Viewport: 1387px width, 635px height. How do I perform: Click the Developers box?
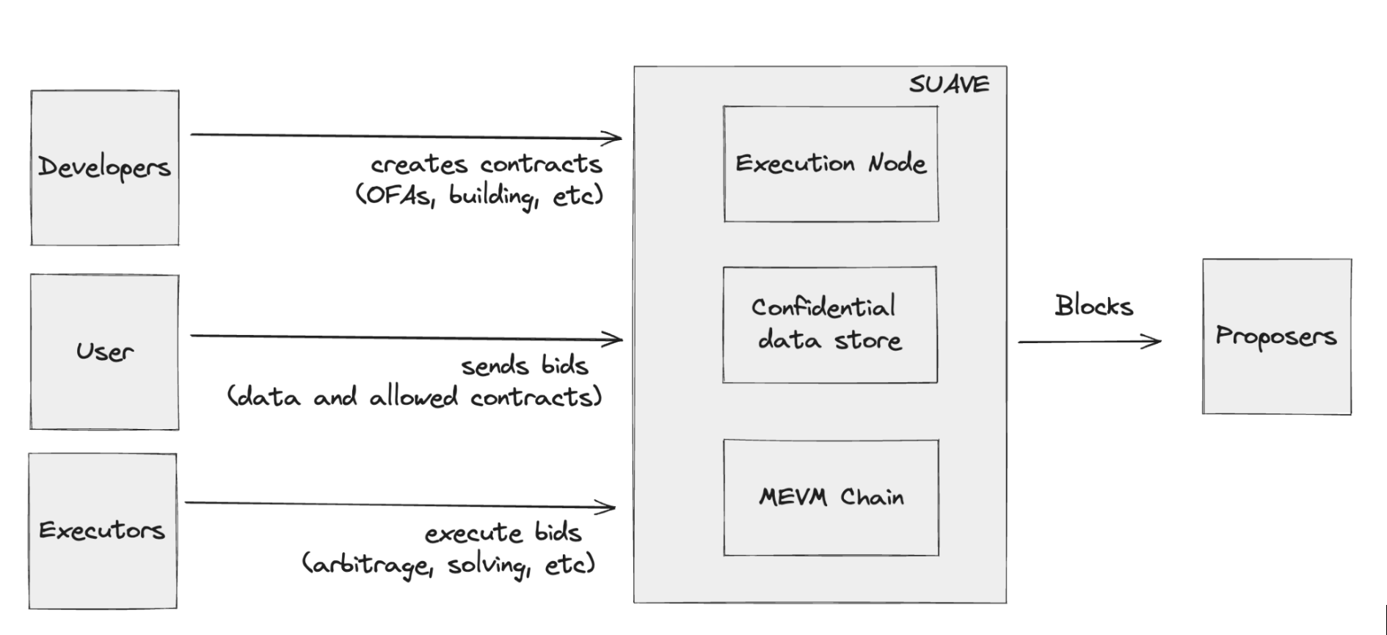point(104,168)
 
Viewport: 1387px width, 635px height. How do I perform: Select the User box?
point(104,352)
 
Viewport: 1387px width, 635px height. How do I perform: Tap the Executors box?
point(103,531)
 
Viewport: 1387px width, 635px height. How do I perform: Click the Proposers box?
point(1276,337)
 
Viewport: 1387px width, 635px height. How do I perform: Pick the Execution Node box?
point(831,164)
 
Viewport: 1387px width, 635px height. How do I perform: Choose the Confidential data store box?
point(829,325)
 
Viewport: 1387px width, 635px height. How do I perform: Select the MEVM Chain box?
point(831,498)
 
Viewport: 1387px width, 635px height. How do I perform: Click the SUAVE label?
point(949,84)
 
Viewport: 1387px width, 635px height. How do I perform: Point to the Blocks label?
point(1093,306)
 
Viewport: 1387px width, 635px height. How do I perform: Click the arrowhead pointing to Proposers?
point(1154,341)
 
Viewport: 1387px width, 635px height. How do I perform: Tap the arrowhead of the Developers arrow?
point(615,137)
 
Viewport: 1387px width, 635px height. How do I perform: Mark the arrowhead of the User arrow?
point(616,339)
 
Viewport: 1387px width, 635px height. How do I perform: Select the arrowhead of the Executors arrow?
point(608,506)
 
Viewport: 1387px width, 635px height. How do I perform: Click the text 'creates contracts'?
point(486,164)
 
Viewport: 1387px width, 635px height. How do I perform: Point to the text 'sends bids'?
point(524,365)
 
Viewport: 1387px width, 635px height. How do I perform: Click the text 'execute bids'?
point(503,533)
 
